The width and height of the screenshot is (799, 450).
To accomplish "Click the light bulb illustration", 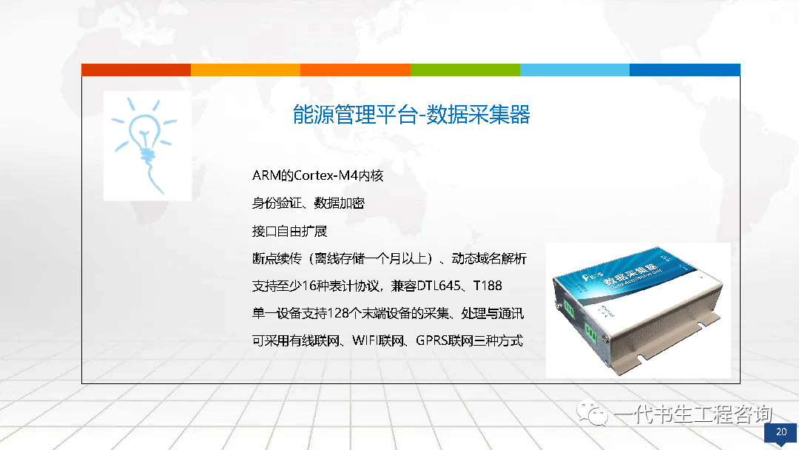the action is [145, 145].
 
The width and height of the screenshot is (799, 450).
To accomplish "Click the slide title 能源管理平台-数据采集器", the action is [411, 114].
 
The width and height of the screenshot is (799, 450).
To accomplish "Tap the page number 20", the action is [781, 431].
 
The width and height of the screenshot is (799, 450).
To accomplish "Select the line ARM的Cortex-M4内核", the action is [317, 176].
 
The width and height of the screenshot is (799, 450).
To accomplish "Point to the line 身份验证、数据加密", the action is [309, 204].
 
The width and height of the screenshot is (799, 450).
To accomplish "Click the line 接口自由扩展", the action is [289, 232].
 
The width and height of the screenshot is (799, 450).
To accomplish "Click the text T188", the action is [488, 286].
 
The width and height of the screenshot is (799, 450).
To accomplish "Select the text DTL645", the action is [439, 286].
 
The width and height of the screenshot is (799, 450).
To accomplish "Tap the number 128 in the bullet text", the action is [337, 313].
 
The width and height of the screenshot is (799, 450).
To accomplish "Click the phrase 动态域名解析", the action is [489, 259].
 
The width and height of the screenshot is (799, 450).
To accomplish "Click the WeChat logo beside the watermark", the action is [592, 413].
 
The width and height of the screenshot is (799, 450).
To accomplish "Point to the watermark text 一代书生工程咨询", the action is [693, 414].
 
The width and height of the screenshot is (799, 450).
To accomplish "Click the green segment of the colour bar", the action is [465, 70].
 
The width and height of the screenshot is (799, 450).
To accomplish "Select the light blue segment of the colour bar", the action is [575, 70].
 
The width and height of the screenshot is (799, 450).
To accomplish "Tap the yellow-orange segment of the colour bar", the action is [246, 70].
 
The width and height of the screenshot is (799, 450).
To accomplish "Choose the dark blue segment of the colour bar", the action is [685, 70].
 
